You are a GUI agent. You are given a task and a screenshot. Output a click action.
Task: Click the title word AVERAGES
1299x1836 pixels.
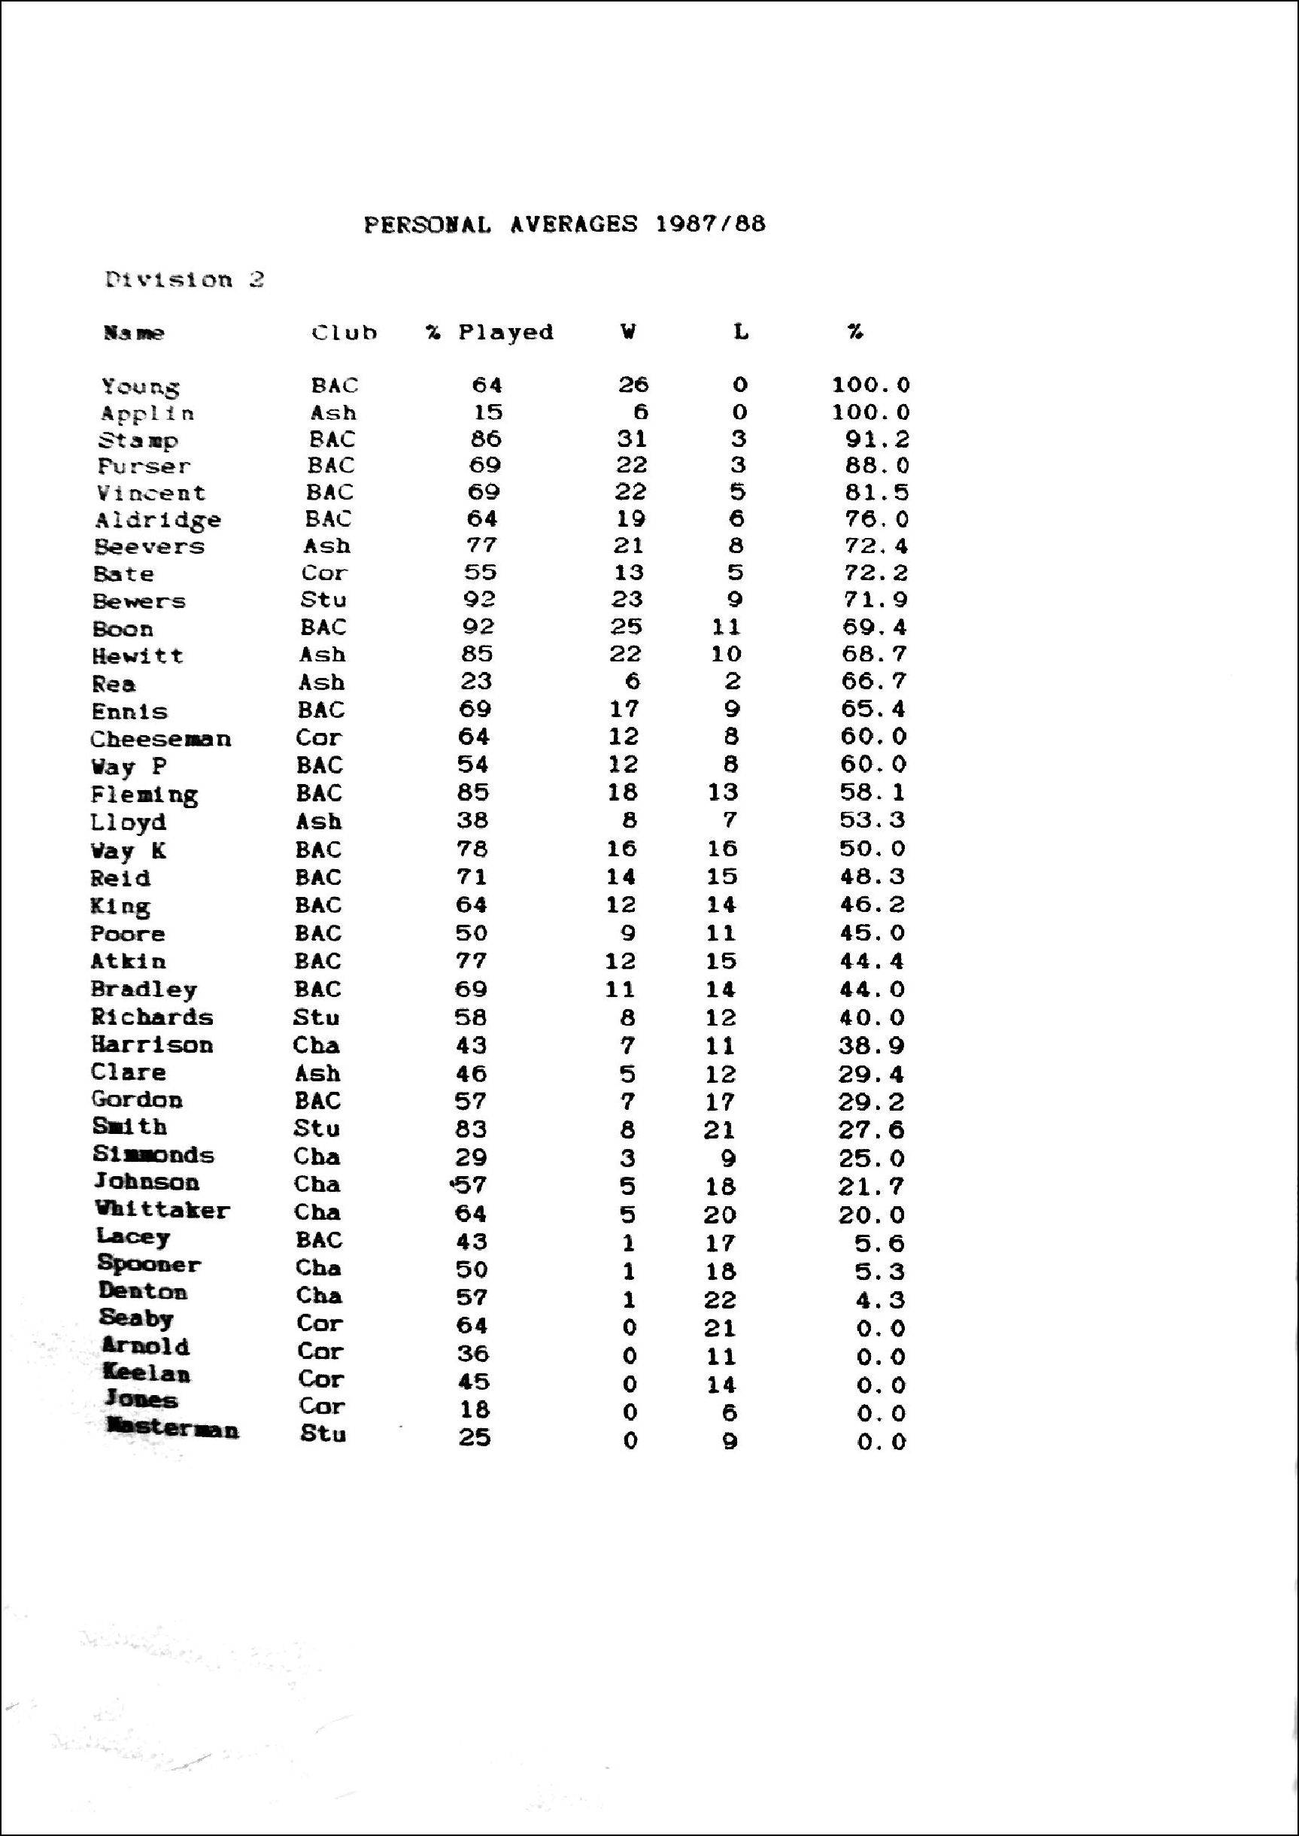[x=573, y=224]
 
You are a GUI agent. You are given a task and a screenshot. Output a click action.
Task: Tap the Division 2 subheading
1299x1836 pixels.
[x=184, y=280]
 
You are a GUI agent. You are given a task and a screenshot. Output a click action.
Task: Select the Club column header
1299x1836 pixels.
[x=344, y=333]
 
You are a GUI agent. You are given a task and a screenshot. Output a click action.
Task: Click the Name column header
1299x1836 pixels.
[x=134, y=333]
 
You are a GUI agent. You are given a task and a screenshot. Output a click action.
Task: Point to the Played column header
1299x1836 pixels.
[x=505, y=332]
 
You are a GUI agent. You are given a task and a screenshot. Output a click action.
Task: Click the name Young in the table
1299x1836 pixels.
[x=140, y=388]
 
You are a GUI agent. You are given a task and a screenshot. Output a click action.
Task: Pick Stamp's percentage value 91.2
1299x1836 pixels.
[x=878, y=439]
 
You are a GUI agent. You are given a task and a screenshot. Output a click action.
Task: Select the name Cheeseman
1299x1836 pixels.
[x=161, y=739]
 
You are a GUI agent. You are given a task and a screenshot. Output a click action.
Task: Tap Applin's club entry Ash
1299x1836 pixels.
[x=333, y=413]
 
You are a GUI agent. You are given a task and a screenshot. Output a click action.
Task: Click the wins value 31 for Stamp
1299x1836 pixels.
[x=631, y=439]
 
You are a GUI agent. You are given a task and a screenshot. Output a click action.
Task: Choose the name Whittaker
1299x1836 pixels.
[x=162, y=1211]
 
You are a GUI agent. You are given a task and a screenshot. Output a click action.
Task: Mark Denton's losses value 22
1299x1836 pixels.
[x=720, y=1300]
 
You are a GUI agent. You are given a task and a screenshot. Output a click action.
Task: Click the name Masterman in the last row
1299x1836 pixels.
[x=172, y=1430]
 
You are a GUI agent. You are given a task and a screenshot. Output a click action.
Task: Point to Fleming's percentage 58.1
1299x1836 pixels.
[x=873, y=792]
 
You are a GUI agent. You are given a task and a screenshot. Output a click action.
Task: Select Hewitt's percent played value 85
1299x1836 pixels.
[x=477, y=655]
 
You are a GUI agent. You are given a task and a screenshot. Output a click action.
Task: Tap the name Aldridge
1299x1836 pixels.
[x=159, y=521]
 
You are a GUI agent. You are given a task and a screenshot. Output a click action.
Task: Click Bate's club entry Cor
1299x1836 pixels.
[x=324, y=573]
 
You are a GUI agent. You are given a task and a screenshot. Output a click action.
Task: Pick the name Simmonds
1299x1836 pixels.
[x=153, y=1155]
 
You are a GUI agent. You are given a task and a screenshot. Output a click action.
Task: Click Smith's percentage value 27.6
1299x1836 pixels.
[x=872, y=1129]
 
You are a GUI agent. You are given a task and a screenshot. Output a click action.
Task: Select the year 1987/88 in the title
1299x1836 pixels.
[x=710, y=224]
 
